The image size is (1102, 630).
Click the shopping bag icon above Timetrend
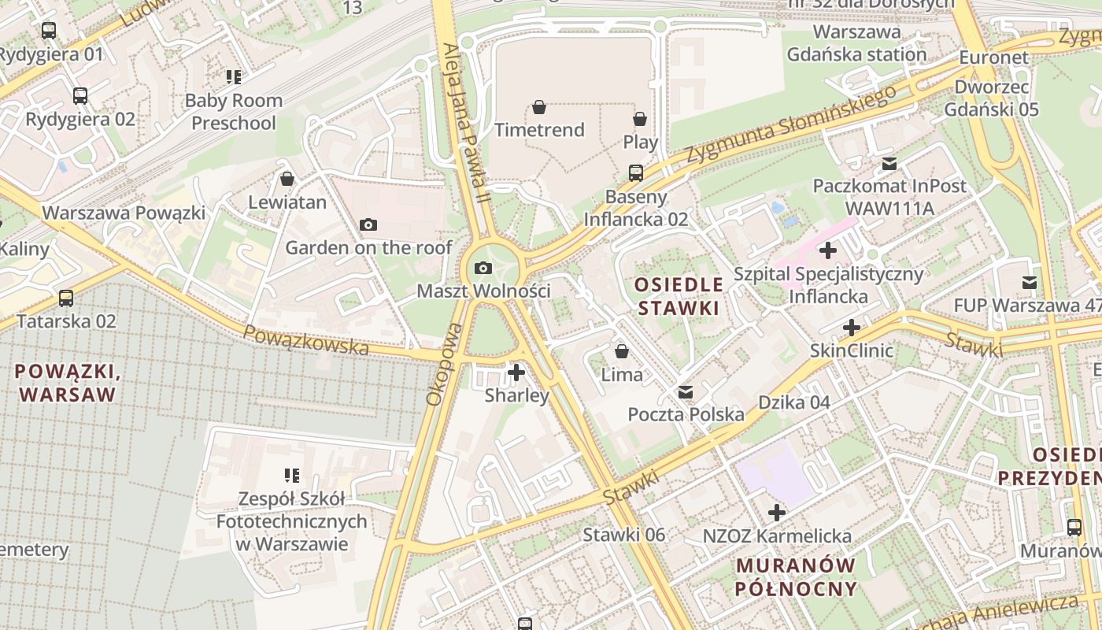tap(539, 107)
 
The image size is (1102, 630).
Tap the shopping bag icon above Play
tap(640, 119)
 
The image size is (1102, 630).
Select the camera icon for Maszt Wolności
tap(483, 269)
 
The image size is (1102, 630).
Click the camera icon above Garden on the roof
tap(368, 225)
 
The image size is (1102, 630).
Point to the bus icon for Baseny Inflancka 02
tap(636, 172)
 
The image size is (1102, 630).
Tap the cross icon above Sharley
tap(516, 372)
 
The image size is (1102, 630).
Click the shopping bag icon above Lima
tap(622, 351)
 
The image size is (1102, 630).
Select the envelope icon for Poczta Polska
tap(686, 391)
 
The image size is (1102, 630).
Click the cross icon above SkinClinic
tap(852, 328)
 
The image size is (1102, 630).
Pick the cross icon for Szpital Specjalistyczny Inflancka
tap(827, 251)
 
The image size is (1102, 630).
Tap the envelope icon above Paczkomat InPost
tap(889, 164)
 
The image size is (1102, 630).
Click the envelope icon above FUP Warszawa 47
tap(1029, 283)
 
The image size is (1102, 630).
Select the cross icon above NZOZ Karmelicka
tap(777, 513)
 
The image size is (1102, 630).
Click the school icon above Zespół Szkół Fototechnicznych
tap(292, 476)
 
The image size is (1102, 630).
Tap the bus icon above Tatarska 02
tap(66, 298)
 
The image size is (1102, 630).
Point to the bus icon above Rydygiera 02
tap(80, 96)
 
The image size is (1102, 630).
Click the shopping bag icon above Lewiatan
tap(287, 180)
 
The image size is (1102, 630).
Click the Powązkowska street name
tap(305, 340)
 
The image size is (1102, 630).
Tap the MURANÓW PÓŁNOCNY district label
tap(795, 576)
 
